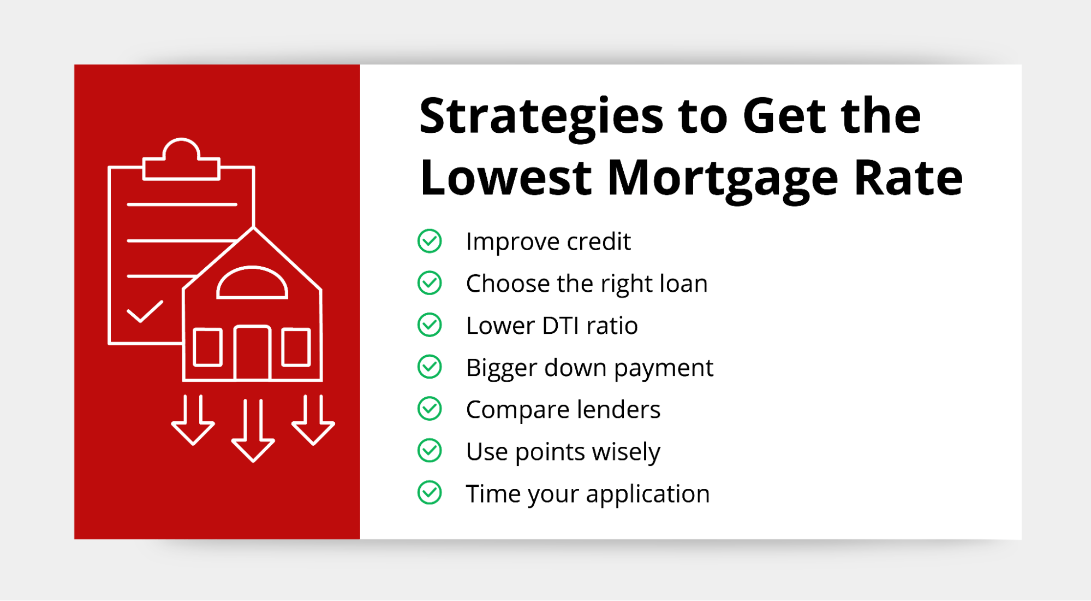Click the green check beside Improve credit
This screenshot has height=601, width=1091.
click(430, 241)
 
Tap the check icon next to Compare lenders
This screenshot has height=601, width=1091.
click(430, 409)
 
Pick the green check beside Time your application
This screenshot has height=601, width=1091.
click(430, 493)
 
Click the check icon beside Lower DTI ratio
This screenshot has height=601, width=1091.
click(430, 325)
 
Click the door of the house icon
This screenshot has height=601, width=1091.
click(252, 352)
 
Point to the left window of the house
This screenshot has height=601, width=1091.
click(208, 347)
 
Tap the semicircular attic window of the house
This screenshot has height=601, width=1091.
click(252, 282)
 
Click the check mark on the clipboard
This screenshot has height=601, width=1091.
click(145, 311)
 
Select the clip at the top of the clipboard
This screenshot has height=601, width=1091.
click(181, 159)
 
